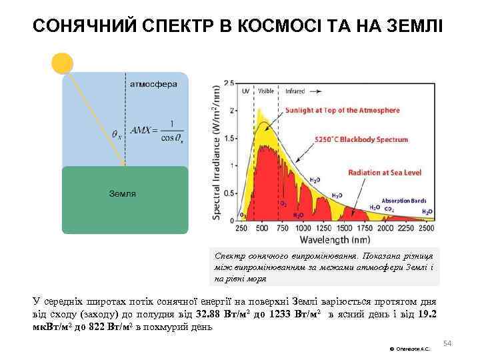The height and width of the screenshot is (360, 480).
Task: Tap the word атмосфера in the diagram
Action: point(153,85)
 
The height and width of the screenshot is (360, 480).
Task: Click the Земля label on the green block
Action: point(123,193)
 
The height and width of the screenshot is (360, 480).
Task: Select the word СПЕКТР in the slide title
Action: point(176,26)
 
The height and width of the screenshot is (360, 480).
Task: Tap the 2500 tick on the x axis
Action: point(427,228)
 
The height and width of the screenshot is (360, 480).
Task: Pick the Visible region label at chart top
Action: point(266,88)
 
